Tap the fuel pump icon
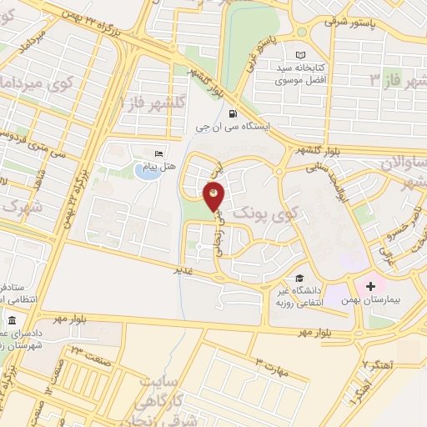tap(231, 114)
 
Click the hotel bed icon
tap(159, 153)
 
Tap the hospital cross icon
tap(370, 286)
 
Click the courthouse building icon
tap(11, 321)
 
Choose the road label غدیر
tap(183, 269)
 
